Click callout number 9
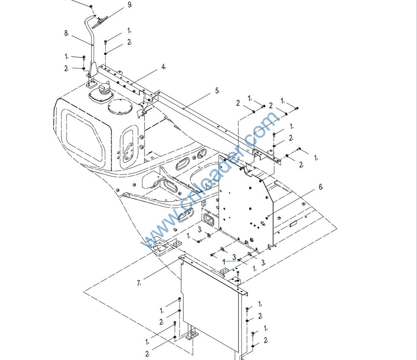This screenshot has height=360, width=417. point(129,5)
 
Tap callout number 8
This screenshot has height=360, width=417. point(66,33)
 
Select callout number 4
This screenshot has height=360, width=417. point(163,67)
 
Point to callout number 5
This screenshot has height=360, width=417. point(217,90)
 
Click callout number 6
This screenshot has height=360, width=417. point(320,187)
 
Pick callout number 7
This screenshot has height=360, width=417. point(139,283)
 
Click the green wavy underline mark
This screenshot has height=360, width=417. point(229,260)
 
